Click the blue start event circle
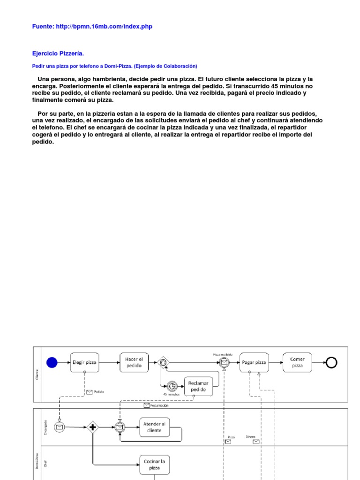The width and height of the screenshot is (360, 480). [52, 362]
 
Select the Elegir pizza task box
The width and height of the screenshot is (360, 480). [84, 362]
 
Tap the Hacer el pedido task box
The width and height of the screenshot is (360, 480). [134, 362]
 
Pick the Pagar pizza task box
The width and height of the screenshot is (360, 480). [254, 362]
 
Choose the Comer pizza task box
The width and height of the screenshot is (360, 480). [297, 362]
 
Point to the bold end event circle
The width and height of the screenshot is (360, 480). [331, 362]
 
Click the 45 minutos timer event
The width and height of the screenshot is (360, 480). [172, 386]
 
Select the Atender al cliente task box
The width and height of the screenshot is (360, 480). [154, 427]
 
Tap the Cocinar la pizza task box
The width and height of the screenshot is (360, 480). [154, 465]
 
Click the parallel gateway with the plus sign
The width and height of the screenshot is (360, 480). [92, 427]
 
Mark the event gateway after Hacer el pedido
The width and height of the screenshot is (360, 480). [163, 362]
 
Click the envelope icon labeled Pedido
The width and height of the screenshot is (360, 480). [89, 392]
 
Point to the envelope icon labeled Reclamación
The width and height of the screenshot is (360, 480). [147, 405]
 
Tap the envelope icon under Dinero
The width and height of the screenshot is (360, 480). [256, 442]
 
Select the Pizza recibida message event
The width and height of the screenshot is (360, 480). [225, 362]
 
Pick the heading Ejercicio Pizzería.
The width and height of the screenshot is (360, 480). [58, 54]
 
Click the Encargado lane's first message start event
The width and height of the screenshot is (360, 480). [60, 427]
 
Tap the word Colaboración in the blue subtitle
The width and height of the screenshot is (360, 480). [180, 66]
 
